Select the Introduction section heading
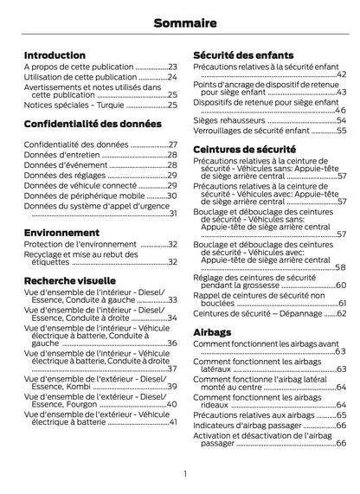(55, 55)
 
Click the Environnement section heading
(61, 234)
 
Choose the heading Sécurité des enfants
(243, 55)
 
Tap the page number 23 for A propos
(172, 67)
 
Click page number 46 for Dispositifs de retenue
(340, 110)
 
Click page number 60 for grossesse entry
(340, 285)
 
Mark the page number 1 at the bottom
(184, 472)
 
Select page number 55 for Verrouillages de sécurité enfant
(341, 131)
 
